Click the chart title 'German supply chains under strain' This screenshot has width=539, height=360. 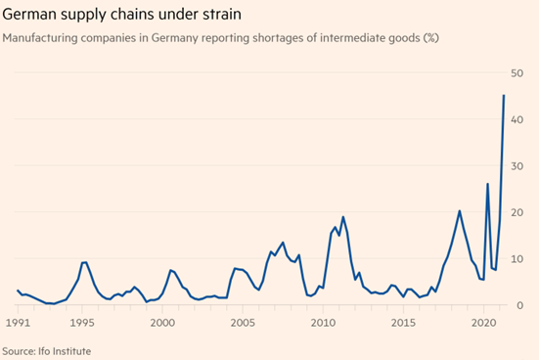click(x=121, y=15)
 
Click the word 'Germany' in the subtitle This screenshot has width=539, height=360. click(x=174, y=38)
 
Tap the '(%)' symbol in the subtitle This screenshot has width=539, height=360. click(x=431, y=37)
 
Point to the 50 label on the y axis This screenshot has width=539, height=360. click(x=517, y=73)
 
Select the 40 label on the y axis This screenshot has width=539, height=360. click(x=517, y=119)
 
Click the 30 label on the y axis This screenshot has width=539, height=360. click(x=517, y=166)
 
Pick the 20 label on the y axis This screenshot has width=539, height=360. click(x=517, y=212)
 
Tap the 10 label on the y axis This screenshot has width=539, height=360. click(x=517, y=259)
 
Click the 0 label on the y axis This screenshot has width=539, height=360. click(x=519, y=305)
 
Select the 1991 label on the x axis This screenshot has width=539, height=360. click(x=18, y=323)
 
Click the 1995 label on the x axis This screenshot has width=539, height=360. click(x=82, y=323)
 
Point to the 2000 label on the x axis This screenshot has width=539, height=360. click(x=162, y=323)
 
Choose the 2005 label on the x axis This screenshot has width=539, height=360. click(x=243, y=323)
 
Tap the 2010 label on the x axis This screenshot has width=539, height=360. click(x=323, y=323)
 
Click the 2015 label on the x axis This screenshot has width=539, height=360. click(x=404, y=323)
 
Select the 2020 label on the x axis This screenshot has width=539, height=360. click(x=484, y=323)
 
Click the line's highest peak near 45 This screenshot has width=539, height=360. click(x=504, y=95)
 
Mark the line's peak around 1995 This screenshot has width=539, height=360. click(x=84, y=262)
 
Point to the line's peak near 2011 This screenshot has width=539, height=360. click(x=343, y=216)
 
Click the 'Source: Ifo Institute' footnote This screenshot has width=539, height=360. click(x=47, y=351)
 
